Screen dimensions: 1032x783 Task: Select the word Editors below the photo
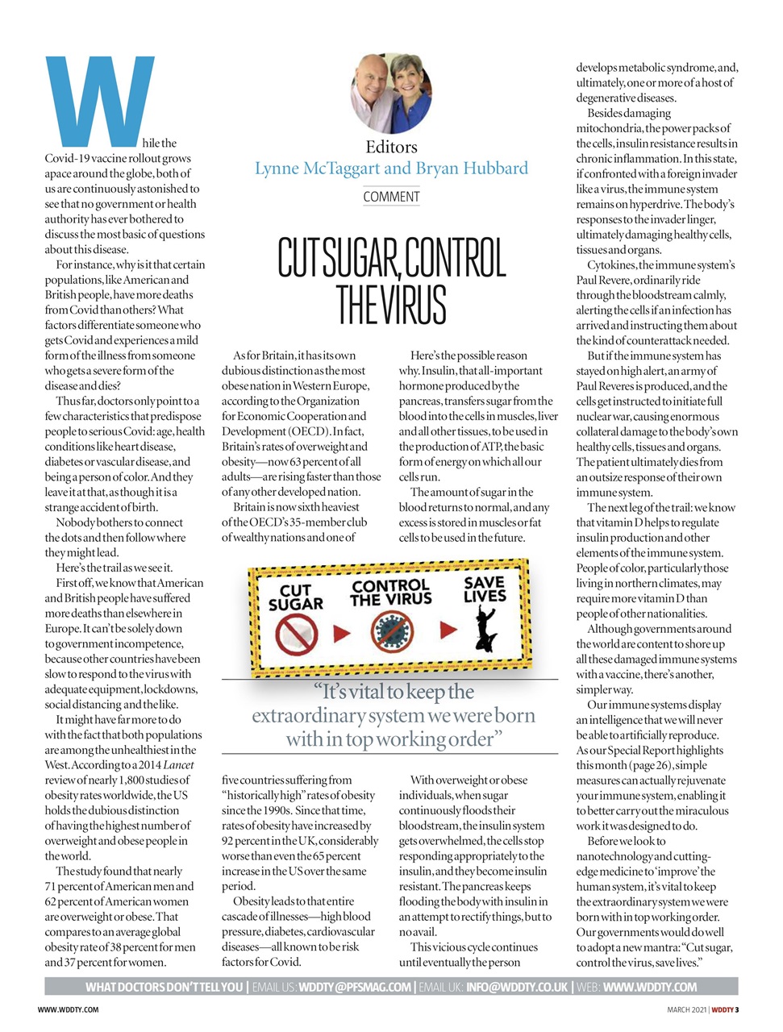point(391,147)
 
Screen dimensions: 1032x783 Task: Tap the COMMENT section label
point(391,197)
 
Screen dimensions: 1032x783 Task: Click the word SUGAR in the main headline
point(355,258)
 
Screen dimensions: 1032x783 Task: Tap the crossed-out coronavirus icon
point(392,631)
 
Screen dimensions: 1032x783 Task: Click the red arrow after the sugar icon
point(342,633)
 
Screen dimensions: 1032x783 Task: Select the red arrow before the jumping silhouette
point(448,630)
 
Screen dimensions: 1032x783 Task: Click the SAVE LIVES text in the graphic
point(485,589)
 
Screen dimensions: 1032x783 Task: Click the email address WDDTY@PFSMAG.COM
point(355,987)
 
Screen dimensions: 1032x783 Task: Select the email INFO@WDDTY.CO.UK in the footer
point(517,987)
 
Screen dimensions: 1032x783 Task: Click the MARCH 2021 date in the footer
point(686,1009)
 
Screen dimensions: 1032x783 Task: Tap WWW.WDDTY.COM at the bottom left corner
point(69,1009)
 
